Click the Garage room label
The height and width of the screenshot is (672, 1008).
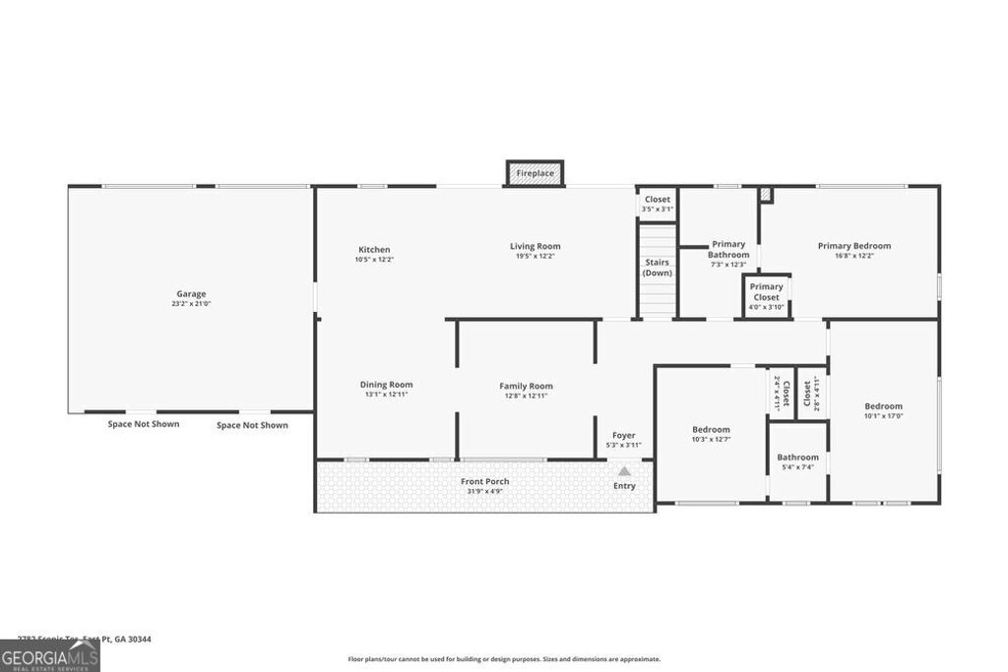[191, 293]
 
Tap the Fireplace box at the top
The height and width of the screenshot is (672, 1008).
[535, 173]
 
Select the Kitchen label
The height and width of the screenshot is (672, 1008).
[374, 250]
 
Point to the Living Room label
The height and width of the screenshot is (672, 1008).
[535, 246]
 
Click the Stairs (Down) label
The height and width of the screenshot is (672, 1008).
[657, 268]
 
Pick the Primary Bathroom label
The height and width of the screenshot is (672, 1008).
[728, 250]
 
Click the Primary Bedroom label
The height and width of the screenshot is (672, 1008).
[853, 246]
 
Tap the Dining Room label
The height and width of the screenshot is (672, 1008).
[386, 385]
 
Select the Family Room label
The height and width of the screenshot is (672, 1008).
[527, 386]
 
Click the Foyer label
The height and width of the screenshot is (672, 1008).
[624, 435]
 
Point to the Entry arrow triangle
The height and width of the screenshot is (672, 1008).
[624, 471]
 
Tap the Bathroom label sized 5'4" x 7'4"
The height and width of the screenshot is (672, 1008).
[797, 458]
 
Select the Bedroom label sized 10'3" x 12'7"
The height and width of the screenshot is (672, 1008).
[711, 429]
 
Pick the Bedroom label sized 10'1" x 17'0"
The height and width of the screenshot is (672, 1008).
[883, 406]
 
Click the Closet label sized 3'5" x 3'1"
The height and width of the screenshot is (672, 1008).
[658, 200]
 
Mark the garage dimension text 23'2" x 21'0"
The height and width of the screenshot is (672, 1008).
[191, 304]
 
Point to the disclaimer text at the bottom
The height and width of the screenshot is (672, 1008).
[504, 659]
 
